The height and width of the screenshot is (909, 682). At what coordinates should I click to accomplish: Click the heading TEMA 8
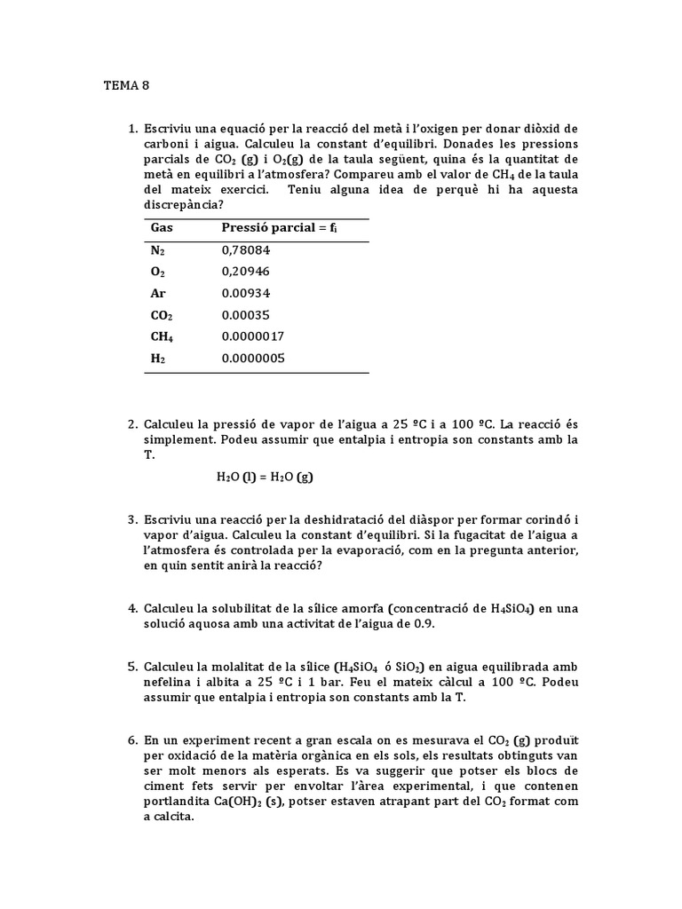(x=127, y=86)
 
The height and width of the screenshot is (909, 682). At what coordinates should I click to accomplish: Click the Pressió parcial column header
(x=281, y=228)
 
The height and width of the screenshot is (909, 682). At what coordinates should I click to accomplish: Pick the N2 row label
(x=158, y=250)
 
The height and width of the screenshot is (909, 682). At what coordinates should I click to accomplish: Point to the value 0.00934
(x=246, y=293)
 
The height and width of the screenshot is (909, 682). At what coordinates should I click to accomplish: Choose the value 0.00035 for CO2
(x=246, y=315)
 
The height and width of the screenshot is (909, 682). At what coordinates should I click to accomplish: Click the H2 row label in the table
(x=158, y=359)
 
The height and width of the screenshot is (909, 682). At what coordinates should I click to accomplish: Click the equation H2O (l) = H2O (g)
(x=265, y=477)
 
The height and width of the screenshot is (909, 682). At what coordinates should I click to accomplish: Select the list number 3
(x=131, y=518)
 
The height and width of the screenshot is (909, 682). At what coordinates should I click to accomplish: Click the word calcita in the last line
(x=172, y=818)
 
